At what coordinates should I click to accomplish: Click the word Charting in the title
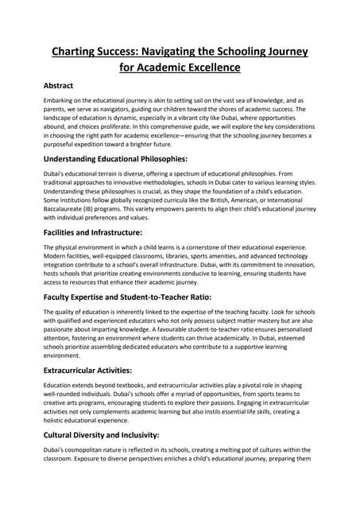[75, 52]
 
